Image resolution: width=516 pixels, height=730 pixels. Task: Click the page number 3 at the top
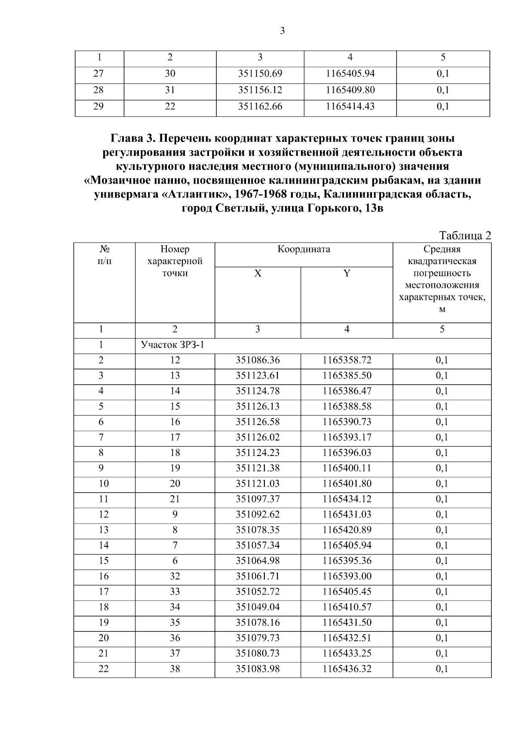coord(282,31)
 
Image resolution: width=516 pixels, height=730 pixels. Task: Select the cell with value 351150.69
coord(260,74)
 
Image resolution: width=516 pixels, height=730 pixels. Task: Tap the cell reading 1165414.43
coord(350,106)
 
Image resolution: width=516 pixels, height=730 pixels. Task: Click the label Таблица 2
coord(465,236)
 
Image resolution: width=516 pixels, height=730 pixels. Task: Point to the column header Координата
coord(304,249)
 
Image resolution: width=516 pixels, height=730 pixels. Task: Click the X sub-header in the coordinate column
coord(258,273)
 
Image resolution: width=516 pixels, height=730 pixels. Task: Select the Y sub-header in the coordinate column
coord(347,273)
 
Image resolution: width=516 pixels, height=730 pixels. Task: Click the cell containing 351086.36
coord(258,360)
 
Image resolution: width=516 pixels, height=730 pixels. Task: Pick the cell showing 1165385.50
coord(347,376)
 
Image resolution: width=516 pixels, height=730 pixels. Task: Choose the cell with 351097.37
coord(258,499)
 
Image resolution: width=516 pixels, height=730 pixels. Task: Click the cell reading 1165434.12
coord(347,499)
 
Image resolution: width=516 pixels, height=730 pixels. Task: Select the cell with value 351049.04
coord(258,607)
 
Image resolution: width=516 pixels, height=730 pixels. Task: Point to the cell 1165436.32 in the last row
coord(347,669)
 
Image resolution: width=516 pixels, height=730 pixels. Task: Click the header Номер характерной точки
coord(175,261)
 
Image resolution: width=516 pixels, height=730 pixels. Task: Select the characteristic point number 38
coord(175,669)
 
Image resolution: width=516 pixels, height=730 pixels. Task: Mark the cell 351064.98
coord(258,561)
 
